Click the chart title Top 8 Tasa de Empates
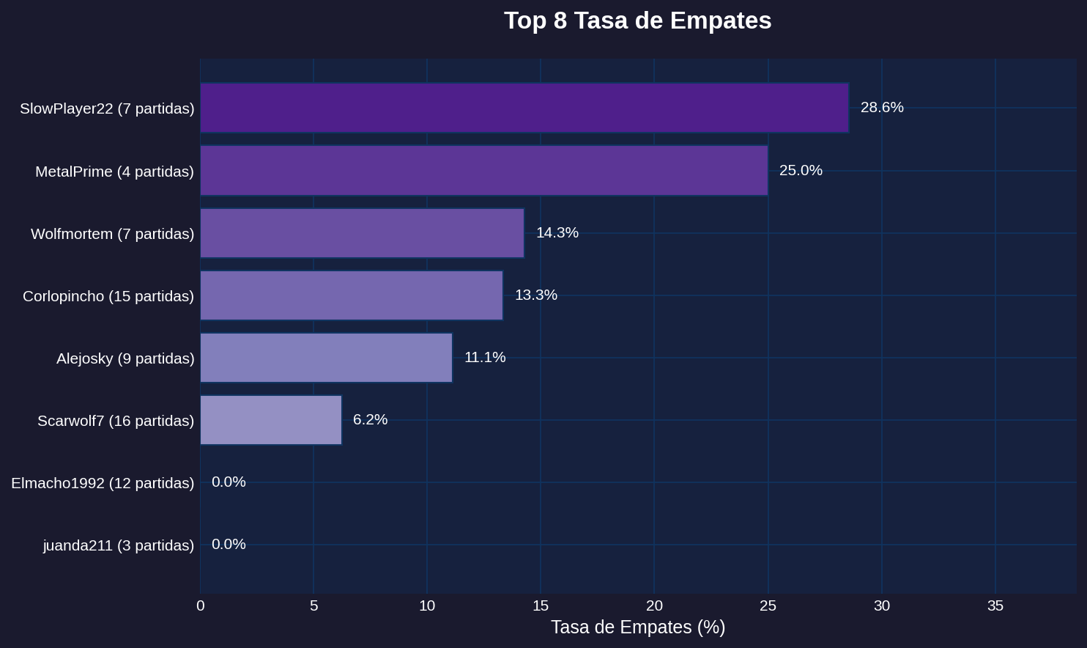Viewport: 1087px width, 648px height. [637, 21]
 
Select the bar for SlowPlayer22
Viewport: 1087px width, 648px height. [524, 108]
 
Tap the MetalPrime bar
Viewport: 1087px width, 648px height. [483, 171]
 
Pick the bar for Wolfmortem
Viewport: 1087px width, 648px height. [362, 233]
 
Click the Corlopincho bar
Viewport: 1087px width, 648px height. [351, 295]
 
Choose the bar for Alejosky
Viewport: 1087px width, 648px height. [326, 358]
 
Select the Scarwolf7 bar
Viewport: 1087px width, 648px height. [270, 420]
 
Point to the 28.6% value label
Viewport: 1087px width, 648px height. [882, 108]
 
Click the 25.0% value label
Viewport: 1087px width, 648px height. [801, 171]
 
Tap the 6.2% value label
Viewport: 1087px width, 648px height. [370, 420]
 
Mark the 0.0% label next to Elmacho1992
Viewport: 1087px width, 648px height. [229, 482]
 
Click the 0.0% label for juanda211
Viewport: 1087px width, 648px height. [229, 545]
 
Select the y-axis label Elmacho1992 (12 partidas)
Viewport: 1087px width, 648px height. [103, 483]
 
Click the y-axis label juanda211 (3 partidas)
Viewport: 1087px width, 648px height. [119, 545]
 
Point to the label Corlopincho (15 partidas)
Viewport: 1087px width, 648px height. [108, 296]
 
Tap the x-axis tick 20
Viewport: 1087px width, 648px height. [654, 606]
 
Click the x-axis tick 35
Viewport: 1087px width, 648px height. [995, 606]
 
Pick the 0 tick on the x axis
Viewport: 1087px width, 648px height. [201, 606]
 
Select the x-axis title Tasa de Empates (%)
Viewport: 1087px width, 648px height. [637, 627]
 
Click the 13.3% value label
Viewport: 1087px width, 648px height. [535, 295]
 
